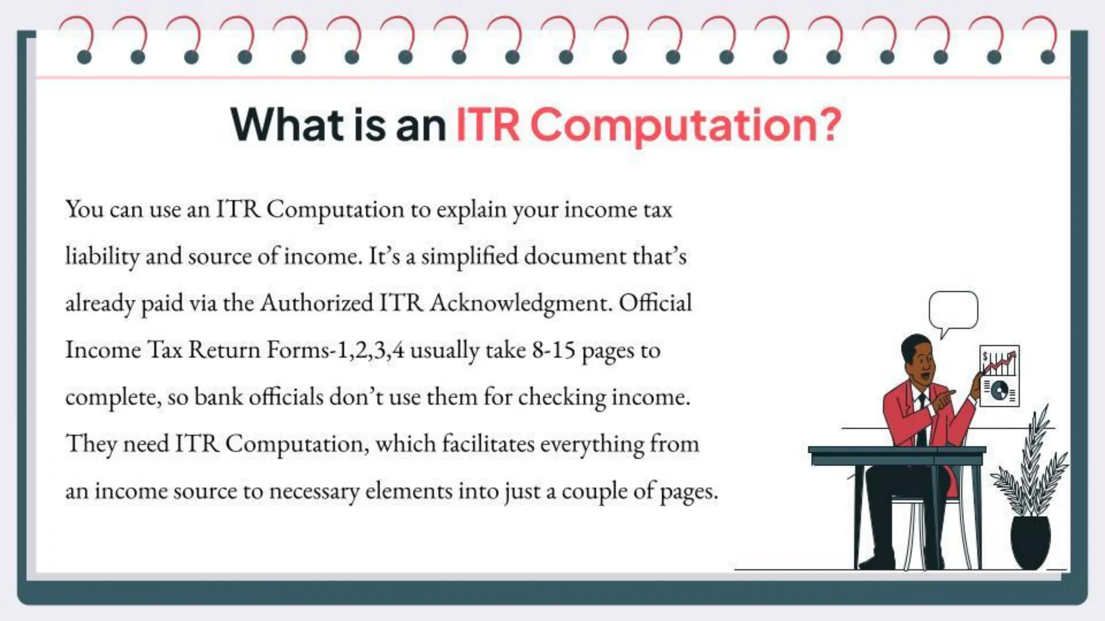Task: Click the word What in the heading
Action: [x=287, y=125]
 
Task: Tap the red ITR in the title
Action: [x=488, y=125]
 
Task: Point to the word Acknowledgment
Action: [x=521, y=303]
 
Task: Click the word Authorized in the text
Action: [x=317, y=303]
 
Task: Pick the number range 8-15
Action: [x=554, y=350]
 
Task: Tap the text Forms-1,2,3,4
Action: [x=335, y=350]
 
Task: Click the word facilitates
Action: [x=488, y=444]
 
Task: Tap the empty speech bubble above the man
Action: [x=953, y=310]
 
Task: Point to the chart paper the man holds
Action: [x=999, y=376]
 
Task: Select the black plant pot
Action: [x=1030, y=542]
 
